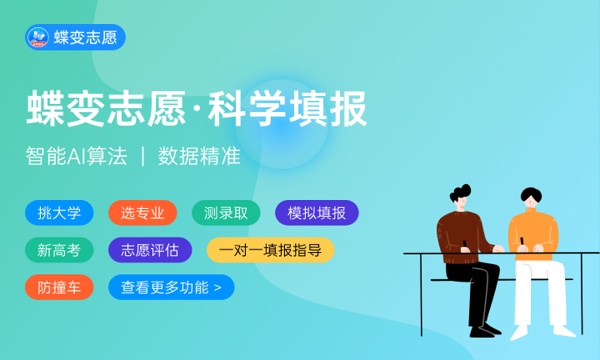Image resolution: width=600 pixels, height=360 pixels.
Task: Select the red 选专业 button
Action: (142, 212)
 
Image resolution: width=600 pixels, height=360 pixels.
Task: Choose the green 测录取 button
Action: (225, 212)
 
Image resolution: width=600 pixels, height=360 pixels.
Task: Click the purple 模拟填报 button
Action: (316, 212)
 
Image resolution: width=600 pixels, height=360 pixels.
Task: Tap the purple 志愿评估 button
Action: (149, 250)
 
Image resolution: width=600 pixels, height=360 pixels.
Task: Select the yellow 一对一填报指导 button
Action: (270, 250)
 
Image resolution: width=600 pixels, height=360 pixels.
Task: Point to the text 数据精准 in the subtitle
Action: (200, 158)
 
